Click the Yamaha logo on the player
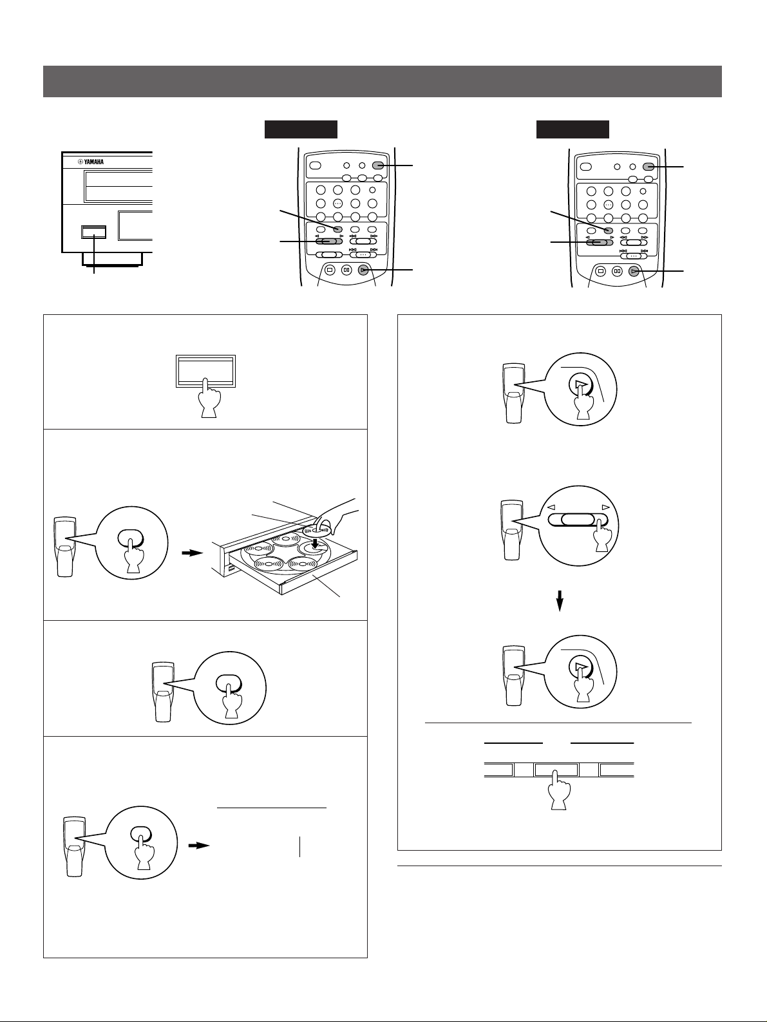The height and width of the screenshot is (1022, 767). point(91,162)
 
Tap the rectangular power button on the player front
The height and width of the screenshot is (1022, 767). point(93,232)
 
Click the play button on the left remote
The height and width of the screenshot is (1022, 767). point(363,270)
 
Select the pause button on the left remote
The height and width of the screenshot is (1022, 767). point(346,270)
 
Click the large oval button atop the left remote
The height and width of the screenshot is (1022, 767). point(315,166)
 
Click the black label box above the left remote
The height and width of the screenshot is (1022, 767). point(301,129)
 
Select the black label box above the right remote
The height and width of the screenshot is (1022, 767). point(573,129)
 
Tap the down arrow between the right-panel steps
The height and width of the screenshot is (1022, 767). point(560,601)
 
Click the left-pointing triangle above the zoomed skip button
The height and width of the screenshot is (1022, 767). point(551,507)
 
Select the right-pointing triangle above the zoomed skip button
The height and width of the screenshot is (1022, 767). point(605,507)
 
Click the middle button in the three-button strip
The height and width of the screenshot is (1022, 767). point(556,770)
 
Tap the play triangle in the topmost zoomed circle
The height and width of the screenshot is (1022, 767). point(580,384)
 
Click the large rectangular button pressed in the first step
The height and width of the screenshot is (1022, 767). point(205,371)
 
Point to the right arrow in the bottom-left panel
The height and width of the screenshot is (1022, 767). point(199,846)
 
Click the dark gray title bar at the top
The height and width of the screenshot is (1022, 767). point(382,82)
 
